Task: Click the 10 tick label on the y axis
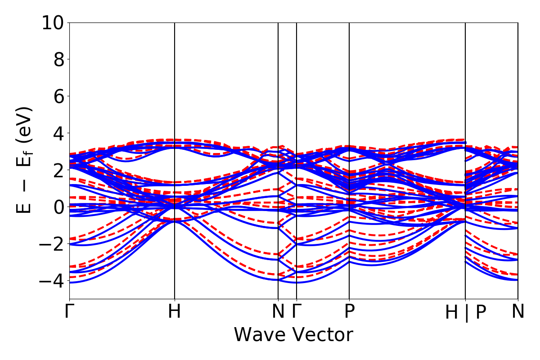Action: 53,22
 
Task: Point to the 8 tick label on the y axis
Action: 59,59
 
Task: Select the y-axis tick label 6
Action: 59,96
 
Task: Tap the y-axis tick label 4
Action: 59,133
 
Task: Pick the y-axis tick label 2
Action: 59,170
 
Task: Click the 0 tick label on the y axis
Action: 59,207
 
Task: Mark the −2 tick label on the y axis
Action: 53,244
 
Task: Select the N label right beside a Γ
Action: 279,311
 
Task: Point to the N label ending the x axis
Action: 518,311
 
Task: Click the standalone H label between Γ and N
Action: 175,311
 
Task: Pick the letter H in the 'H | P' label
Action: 452,312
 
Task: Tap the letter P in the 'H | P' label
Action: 481,312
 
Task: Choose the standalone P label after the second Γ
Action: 349,311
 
